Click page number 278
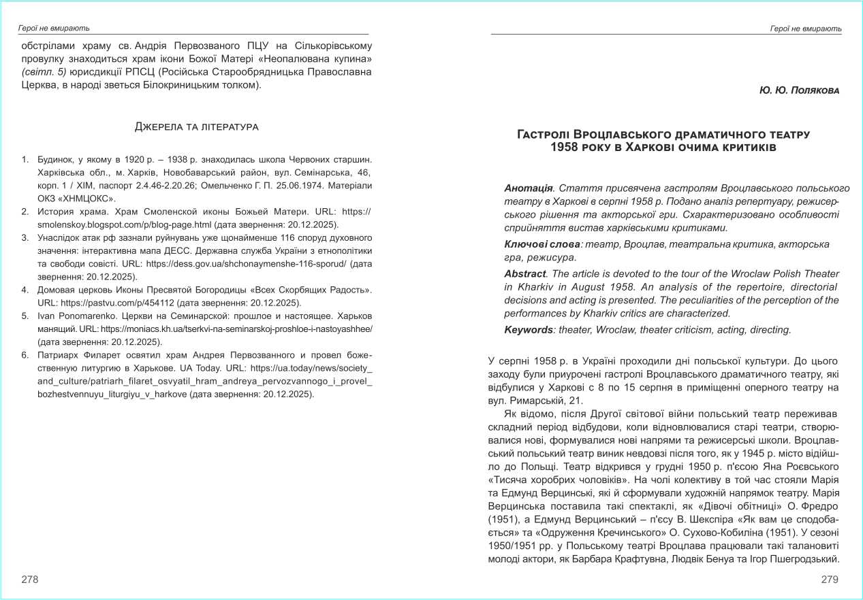[x=30, y=580]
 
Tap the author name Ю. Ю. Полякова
[x=800, y=90]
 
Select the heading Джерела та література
[x=197, y=127]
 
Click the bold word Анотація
[x=529, y=188]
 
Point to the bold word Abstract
[x=524, y=273]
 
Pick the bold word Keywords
[x=529, y=330]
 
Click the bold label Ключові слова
[x=542, y=244]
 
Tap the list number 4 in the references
[x=25, y=290]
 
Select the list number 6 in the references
[x=25, y=355]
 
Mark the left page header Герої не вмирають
[x=53, y=29]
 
